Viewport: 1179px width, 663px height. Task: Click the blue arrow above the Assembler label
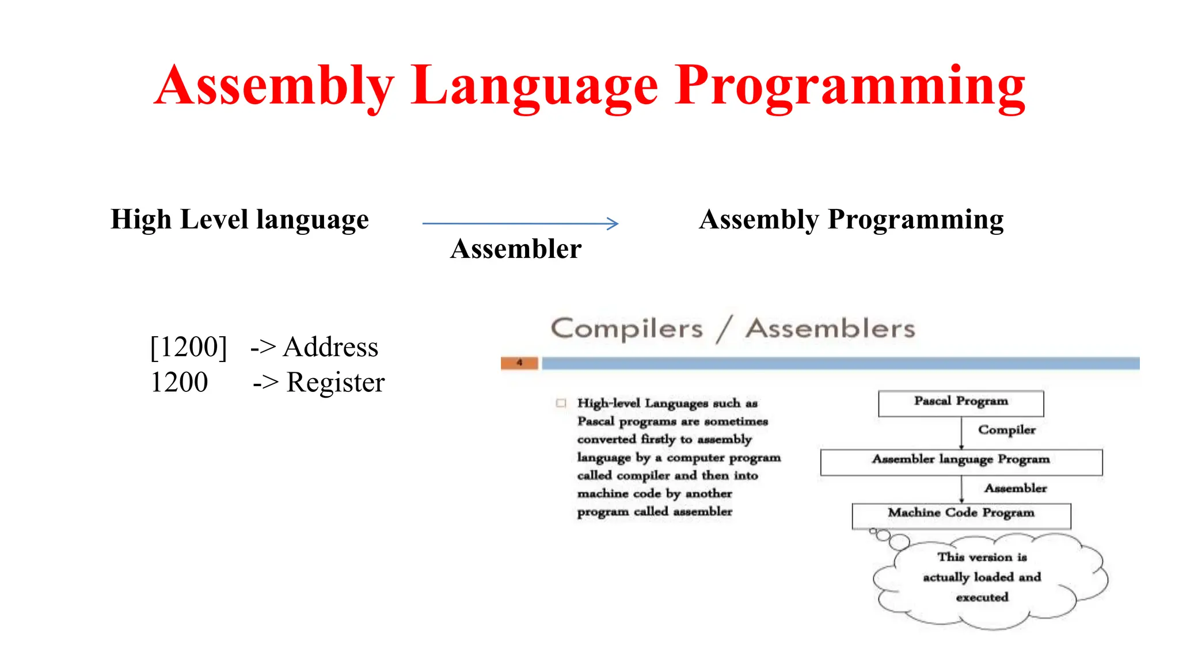coord(520,223)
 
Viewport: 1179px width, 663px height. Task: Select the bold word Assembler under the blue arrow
coord(516,249)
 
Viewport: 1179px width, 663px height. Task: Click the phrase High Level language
coord(239,220)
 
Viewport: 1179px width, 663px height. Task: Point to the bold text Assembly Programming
coord(851,220)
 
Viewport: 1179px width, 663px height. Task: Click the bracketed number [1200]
coord(188,347)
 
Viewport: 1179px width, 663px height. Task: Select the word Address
coord(330,347)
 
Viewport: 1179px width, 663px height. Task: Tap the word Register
coord(336,383)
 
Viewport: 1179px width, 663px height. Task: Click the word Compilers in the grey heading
coord(627,329)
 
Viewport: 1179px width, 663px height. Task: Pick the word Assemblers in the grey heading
coord(830,329)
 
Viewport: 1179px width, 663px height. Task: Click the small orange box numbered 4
coord(519,363)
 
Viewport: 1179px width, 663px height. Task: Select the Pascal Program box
coord(960,403)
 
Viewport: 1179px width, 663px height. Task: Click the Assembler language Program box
coord(960,462)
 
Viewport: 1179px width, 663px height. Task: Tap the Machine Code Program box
coord(960,515)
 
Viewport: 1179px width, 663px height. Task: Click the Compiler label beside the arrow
coord(1006,430)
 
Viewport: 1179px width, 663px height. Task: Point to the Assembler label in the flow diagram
coord(1015,489)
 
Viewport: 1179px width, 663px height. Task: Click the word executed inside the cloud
coord(982,597)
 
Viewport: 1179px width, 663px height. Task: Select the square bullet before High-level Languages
coord(561,403)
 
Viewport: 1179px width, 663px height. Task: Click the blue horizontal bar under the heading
coord(840,363)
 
